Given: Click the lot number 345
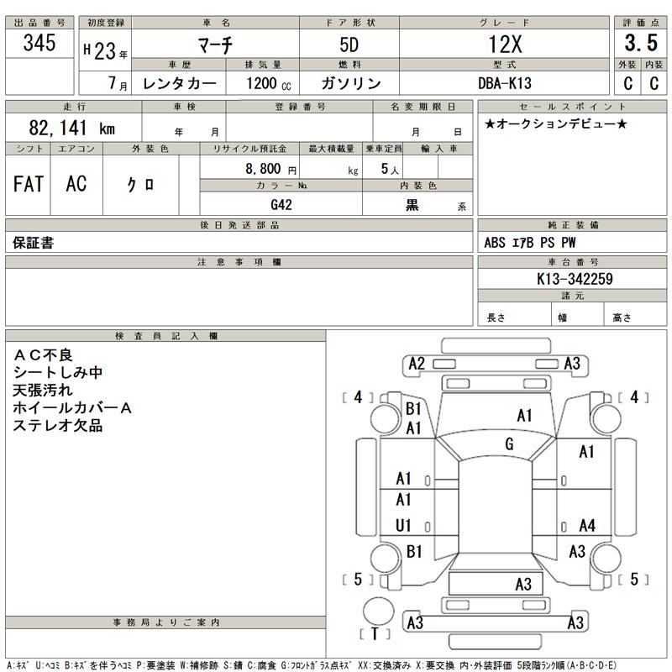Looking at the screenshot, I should (x=40, y=44).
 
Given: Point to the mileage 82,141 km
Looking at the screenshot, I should (x=71, y=129).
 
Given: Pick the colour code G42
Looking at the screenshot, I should (x=282, y=204).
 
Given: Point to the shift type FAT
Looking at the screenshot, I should (x=29, y=185).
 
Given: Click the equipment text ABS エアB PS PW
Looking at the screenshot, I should (x=530, y=243).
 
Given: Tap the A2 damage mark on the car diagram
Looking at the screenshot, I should (x=416, y=364).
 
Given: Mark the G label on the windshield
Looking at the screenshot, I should (x=509, y=444).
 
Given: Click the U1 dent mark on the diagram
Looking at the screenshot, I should (x=404, y=526).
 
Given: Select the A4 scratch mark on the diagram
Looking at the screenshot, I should (x=587, y=526).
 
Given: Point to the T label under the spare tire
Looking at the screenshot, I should (x=375, y=633).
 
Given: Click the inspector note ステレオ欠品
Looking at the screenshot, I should (x=58, y=426).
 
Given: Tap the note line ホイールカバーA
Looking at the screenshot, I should (x=74, y=407).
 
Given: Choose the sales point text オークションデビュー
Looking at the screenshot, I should (x=555, y=124).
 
